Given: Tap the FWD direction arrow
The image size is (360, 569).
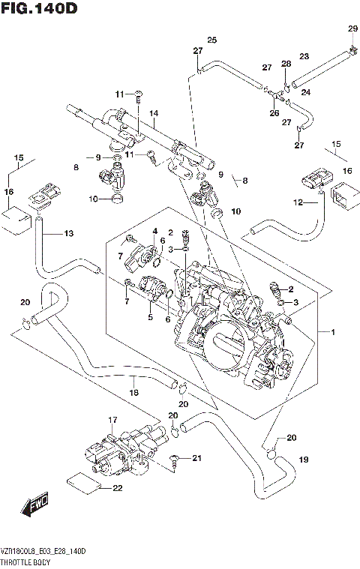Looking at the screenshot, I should tap(36, 508).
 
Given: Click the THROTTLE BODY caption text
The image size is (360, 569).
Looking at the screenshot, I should tap(25, 562).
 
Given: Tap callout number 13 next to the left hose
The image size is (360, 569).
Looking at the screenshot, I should tap(68, 234).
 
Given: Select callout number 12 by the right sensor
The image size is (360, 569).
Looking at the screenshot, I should tap(298, 202).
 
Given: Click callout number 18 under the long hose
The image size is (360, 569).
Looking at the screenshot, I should tap(133, 392).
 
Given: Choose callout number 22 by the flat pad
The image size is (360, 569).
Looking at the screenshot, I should tap(117, 489).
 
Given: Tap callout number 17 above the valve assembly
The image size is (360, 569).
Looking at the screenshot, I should tap(112, 419).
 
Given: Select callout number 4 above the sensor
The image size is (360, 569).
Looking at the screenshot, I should tap(154, 231).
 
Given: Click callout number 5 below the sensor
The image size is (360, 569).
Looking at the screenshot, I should tap(151, 317).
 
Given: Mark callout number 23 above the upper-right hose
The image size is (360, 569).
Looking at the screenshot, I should tap(304, 56).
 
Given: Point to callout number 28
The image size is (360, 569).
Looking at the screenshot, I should tap(285, 64).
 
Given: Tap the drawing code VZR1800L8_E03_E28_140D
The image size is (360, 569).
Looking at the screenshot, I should tap(43, 551).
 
